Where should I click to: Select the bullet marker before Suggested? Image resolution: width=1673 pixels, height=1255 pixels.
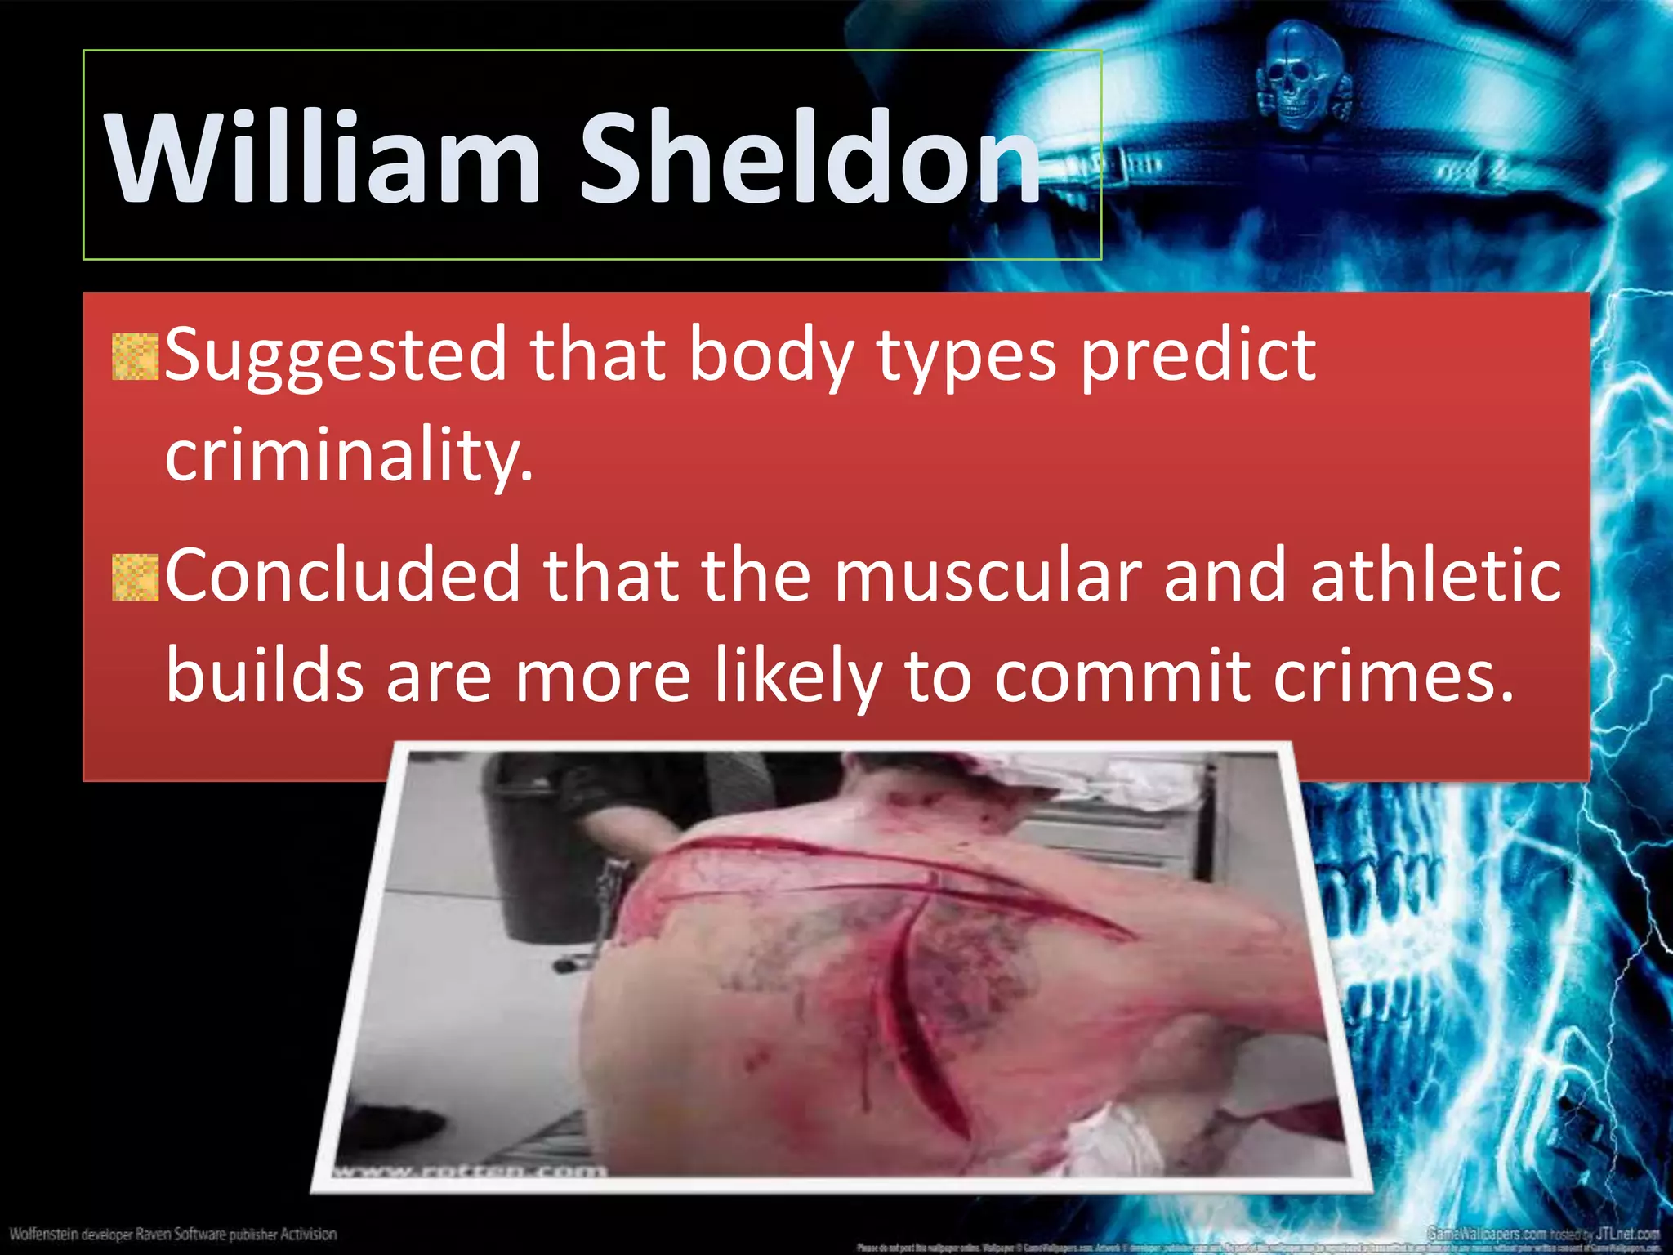pyautogui.click(x=135, y=357)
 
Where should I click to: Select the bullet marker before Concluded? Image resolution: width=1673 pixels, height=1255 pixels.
pyautogui.click(x=135, y=578)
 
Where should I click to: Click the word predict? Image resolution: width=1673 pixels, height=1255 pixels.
pyautogui.click(x=1198, y=355)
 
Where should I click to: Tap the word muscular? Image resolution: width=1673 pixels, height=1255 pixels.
pyautogui.click(x=987, y=578)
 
